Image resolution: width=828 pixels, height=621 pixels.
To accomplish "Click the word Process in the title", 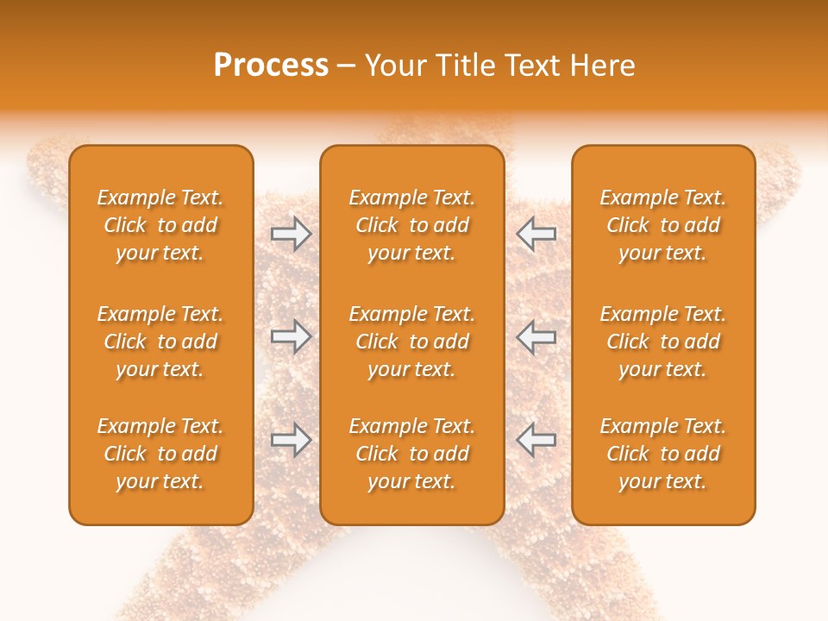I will (x=271, y=66).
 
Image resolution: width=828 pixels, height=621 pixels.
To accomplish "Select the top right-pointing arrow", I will (x=291, y=233).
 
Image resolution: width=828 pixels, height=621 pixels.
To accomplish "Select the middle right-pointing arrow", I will (x=291, y=336).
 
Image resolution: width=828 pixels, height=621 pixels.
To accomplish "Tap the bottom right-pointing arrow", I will (x=291, y=440).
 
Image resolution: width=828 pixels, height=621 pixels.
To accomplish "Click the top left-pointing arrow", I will (x=536, y=233).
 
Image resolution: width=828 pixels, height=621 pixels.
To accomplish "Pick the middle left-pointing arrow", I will (x=536, y=336).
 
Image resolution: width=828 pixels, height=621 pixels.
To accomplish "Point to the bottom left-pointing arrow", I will (x=536, y=440).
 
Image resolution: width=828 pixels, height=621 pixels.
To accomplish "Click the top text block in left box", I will (x=160, y=225).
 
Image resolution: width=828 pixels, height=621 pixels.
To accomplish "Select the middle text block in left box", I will (x=160, y=342).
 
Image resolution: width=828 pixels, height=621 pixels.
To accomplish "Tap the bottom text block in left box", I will (x=160, y=454).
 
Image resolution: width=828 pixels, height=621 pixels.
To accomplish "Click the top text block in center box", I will (x=411, y=225).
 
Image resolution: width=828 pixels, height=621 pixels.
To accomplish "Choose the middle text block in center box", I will (x=411, y=342).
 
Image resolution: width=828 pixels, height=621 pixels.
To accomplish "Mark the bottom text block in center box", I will (x=411, y=454).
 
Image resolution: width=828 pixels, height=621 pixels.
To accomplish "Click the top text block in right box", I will (x=663, y=225).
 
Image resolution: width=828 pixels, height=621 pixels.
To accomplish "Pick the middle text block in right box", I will (x=663, y=342).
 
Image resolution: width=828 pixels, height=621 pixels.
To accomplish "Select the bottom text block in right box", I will (x=663, y=454).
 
